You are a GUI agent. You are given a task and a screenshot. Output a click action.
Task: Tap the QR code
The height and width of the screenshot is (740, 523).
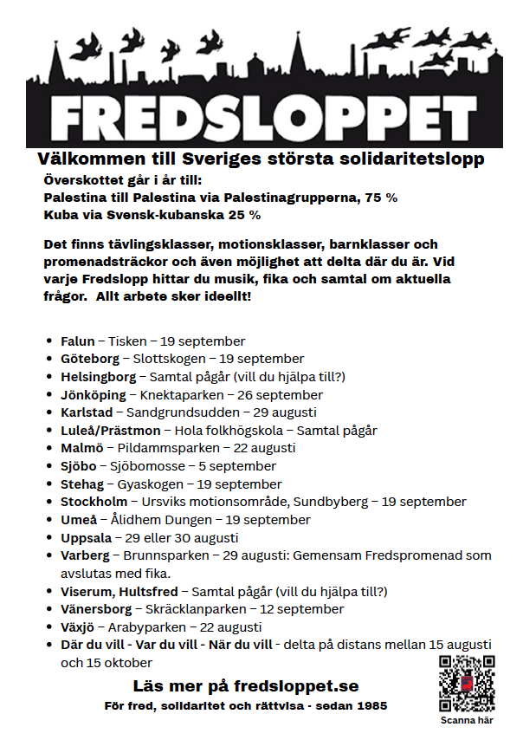click(467, 684)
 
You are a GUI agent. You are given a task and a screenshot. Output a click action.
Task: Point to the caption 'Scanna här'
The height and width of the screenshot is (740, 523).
click(468, 721)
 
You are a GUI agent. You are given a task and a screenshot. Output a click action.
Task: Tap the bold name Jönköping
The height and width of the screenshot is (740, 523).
click(94, 394)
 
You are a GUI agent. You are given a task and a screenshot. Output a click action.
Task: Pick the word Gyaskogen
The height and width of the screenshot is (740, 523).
click(147, 484)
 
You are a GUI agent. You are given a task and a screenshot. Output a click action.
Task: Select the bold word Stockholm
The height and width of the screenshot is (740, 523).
click(94, 502)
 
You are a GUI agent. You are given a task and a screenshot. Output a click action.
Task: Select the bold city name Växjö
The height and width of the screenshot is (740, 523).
click(79, 626)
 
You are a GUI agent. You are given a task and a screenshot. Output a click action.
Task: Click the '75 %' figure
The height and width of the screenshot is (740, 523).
click(379, 198)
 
